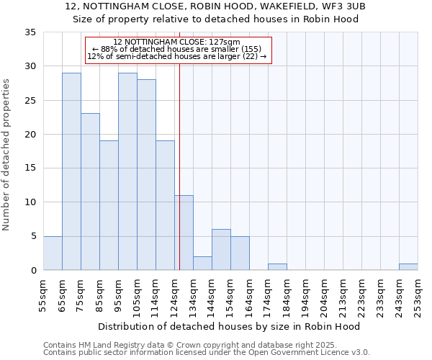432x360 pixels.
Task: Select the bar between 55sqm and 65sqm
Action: pyautogui.click(x=53, y=253)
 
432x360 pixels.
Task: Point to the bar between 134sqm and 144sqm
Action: pyautogui.click(x=202, y=264)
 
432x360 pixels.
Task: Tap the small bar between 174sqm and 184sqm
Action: pyautogui.click(x=277, y=267)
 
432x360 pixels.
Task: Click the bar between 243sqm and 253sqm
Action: pyautogui.click(x=408, y=267)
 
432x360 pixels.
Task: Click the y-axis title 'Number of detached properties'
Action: pyautogui.click(x=6, y=155)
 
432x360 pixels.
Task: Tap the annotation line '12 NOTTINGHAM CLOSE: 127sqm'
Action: pyautogui.click(x=177, y=42)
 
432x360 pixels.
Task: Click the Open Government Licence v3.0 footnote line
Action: pyautogui.click(x=207, y=353)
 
